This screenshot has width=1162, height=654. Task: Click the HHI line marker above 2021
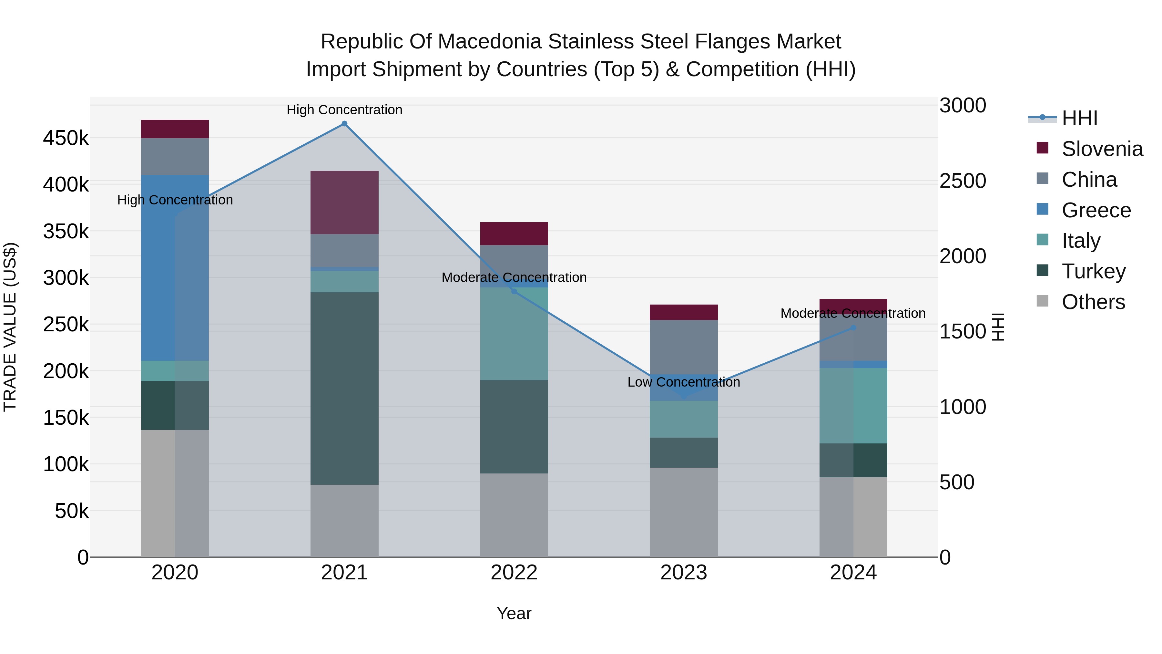[344, 124]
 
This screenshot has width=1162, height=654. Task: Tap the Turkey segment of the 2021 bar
[344, 388]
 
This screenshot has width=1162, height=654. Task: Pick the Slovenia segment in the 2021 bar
[344, 202]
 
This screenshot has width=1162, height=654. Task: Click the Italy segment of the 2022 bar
[514, 334]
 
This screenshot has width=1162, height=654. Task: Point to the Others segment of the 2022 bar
[514, 514]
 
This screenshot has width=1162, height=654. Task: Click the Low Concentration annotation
[683, 382]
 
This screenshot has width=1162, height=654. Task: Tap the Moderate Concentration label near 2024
[852, 313]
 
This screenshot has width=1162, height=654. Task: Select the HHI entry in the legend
[1079, 118]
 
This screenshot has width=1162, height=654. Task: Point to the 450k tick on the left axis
[66, 138]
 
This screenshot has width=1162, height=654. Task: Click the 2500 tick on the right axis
[963, 181]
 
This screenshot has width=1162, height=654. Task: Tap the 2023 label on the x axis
[683, 573]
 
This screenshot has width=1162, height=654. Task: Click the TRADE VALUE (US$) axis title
[10, 327]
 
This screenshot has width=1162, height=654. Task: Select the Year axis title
[514, 613]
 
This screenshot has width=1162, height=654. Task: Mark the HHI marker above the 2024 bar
[853, 328]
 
